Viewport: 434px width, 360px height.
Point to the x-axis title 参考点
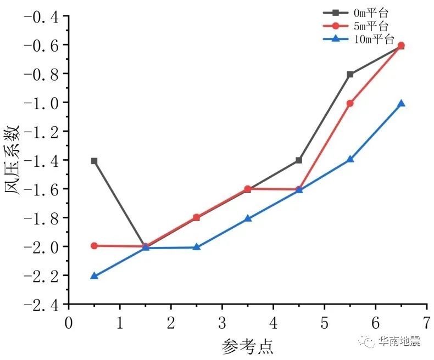click(248, 346)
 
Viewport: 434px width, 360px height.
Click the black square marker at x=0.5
click(94, 161)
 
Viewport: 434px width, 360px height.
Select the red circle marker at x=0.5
click(94, 246)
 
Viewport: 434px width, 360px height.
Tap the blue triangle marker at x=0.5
click(94, 275)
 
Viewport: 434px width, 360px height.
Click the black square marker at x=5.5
click(350, 74)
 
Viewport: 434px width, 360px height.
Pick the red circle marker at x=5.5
click(350, 103)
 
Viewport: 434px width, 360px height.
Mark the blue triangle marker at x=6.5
click(401, 103)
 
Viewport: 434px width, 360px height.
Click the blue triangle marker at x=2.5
click(197, 247)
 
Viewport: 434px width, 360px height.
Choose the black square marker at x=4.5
click(299, 160)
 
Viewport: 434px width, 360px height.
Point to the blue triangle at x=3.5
click(248, 218)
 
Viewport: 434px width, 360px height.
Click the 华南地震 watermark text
click(399, 342)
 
